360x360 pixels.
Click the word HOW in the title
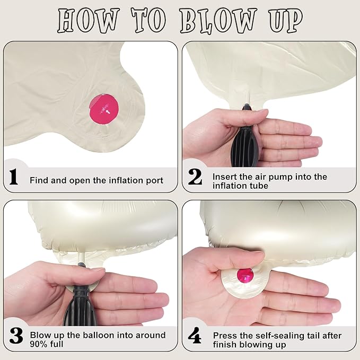pos(89,21)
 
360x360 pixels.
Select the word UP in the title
pos(286,21)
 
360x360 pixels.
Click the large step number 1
pos(14,177)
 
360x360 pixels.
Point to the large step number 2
pos(195,177)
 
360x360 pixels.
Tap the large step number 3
pos(16,336)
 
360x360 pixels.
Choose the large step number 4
pos(195,335)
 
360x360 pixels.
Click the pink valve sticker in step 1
pos(104,109)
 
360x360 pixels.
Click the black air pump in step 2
pos(244,138)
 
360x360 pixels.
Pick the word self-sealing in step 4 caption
pos(258,336)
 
